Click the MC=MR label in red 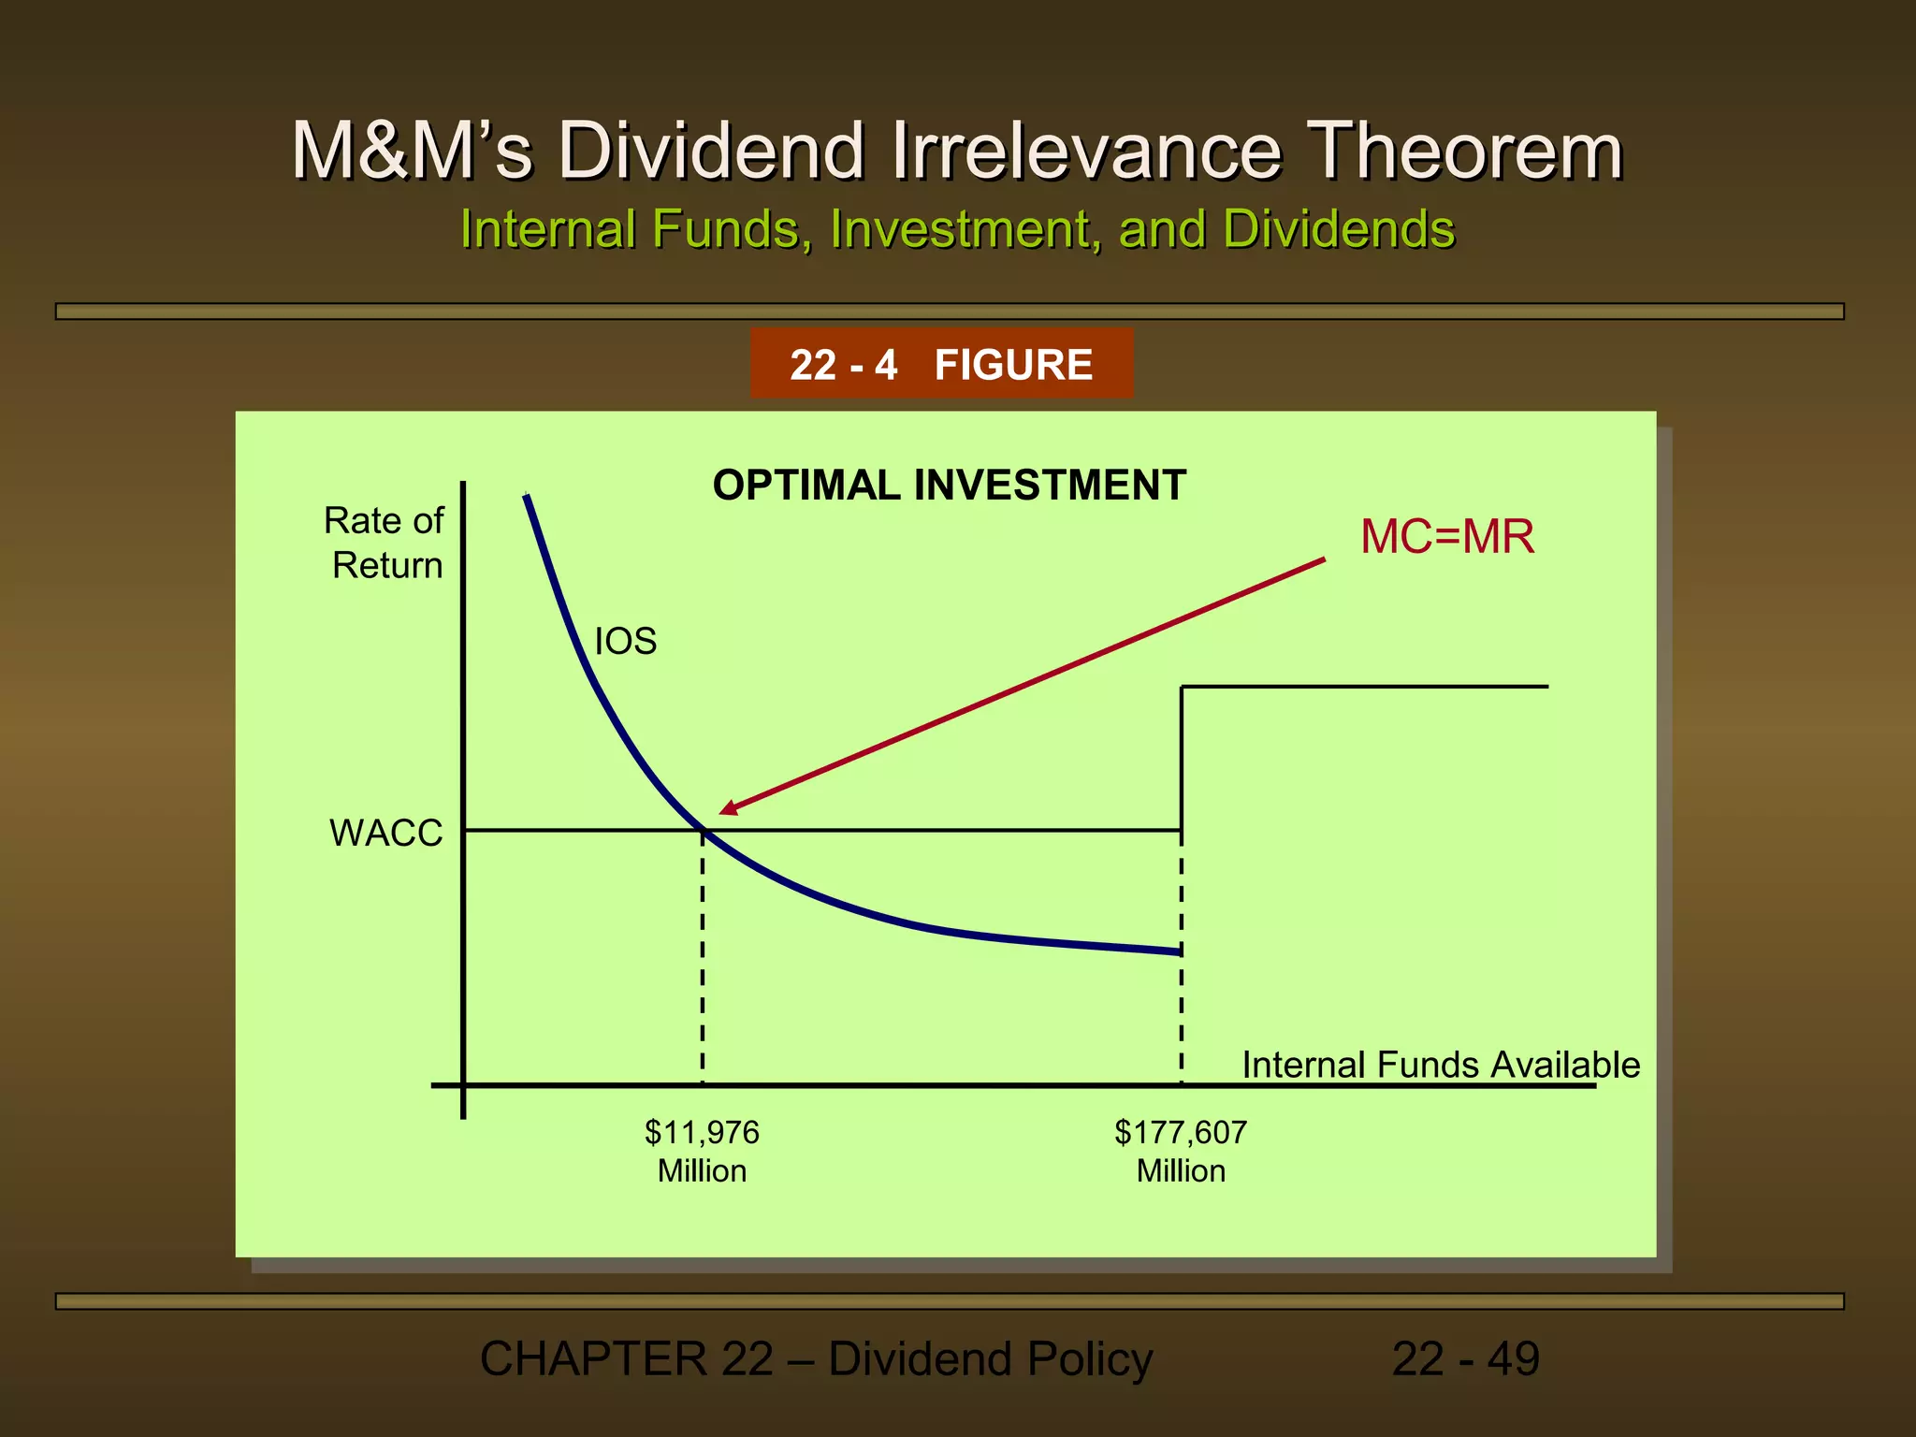point(1446,537)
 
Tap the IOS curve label point(625,642)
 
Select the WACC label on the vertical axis point(385,833)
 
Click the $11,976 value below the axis point(702,1132)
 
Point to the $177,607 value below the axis point(1181,1132)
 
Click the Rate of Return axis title point(385,543)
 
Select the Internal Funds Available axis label point(1441,1065)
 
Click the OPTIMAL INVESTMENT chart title point(949,486)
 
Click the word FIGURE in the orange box point(1013,365)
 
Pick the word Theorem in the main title point(1464,151)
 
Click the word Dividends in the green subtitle point(1339,229)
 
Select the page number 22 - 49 point(1465,1358)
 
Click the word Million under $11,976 point(702,1171)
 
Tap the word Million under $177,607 point(1181,1171)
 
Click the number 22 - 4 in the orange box point(843,365)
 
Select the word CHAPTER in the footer point(593,1358)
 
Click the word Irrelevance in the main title point(1085,151)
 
